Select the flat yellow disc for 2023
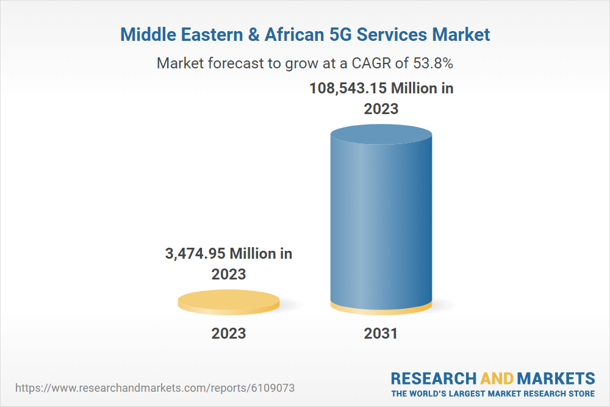(229, 302)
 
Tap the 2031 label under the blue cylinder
(381, 334)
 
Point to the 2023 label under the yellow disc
(229, 333)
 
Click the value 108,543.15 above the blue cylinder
(347, 88)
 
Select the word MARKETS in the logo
(556, 378)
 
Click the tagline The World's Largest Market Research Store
(493, 394)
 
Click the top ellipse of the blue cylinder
(381, 135)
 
